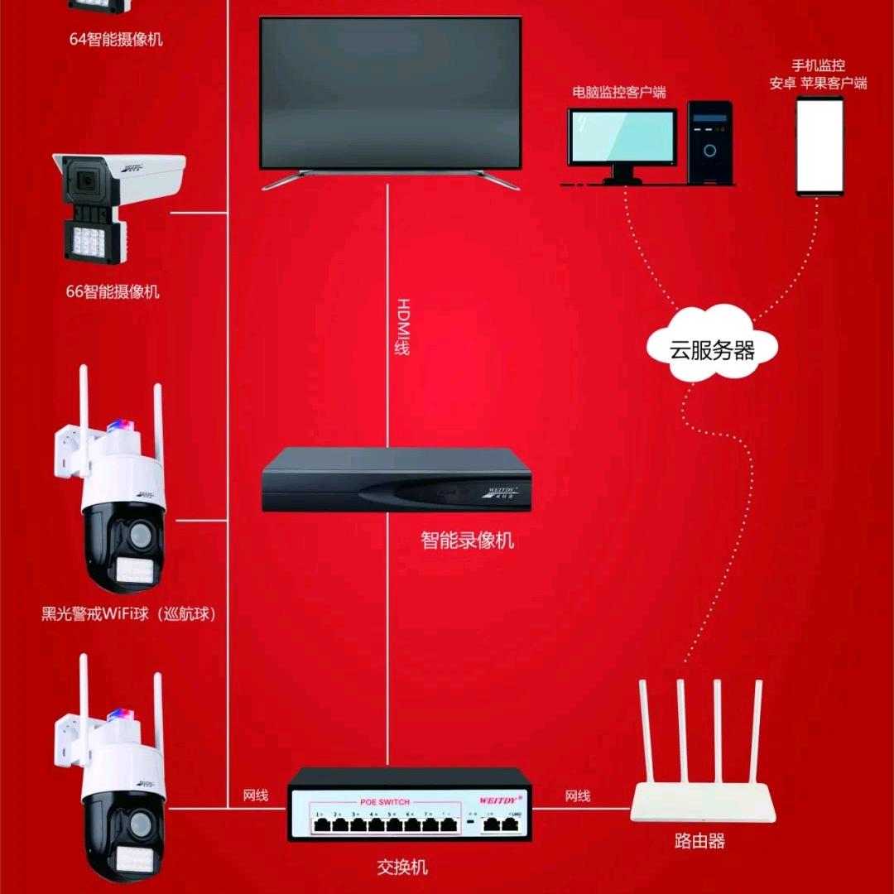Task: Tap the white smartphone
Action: coord(819,146)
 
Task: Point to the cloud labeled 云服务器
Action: coord(711,346)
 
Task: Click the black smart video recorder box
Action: coord(396,480)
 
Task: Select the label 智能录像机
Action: coord(467,541)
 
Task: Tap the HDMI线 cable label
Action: coord(402,326)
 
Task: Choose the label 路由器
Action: coord(699,842)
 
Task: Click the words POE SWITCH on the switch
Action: coord(385,802)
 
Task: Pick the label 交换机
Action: coord(402,868)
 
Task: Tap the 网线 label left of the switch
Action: coord(256,796)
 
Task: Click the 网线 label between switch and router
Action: coord(578,796)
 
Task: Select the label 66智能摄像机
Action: coord(113,291)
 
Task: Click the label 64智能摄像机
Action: coord(115,39)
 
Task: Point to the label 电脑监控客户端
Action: coord(619,92)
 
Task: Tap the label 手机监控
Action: coord(818,65)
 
